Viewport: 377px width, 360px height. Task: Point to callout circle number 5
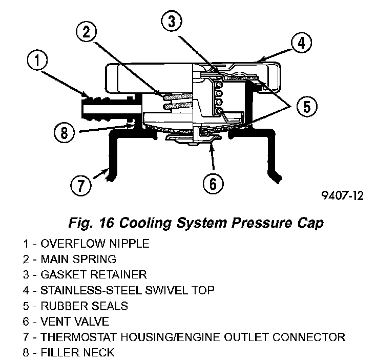tap(306, 107)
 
